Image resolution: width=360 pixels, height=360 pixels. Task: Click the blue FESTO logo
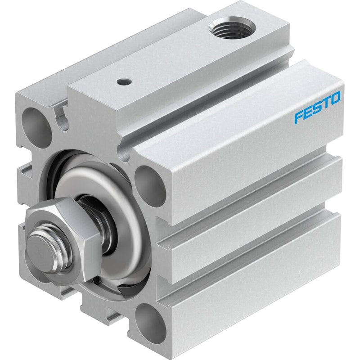click(x=317, y=108)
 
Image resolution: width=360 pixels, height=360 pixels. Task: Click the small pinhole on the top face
click(x=124, y=81)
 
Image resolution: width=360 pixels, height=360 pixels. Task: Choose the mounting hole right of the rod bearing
click(x=150, y=186)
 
